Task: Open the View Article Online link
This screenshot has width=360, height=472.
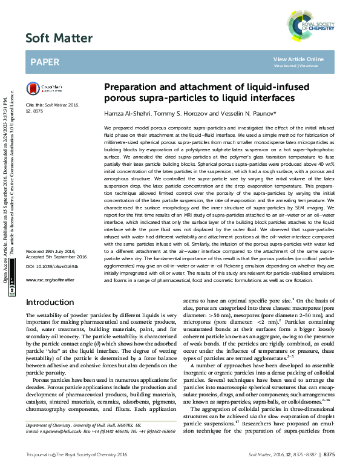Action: (x=298, y=59)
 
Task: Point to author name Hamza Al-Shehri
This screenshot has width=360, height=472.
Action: (x=125, y=114)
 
